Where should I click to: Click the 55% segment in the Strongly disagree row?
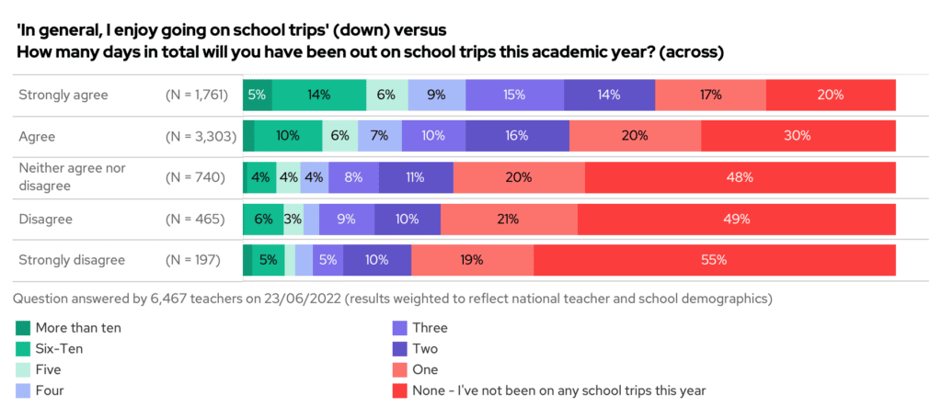[x=714, y=260]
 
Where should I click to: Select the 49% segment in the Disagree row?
[x=736, y=220]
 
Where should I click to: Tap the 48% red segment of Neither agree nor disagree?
[x=740, y=177]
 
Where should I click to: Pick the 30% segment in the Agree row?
[x=798, y=136]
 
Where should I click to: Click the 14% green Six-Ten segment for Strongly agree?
[x=319, y=95]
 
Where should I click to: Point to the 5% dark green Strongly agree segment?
[x=257, y=95]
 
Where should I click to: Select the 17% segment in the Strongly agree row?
[x=710, y=95]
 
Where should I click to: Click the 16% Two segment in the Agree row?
[x=517, y=136]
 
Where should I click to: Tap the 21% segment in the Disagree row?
[x=509, y=220]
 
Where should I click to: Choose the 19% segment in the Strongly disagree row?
[x=472, y=260]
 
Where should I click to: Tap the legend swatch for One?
[x=398, y=369]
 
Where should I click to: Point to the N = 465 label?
[x=194, y=220]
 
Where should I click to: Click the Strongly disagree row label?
[x=72, y=260]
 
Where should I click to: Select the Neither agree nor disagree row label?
[x=72, y=177]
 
